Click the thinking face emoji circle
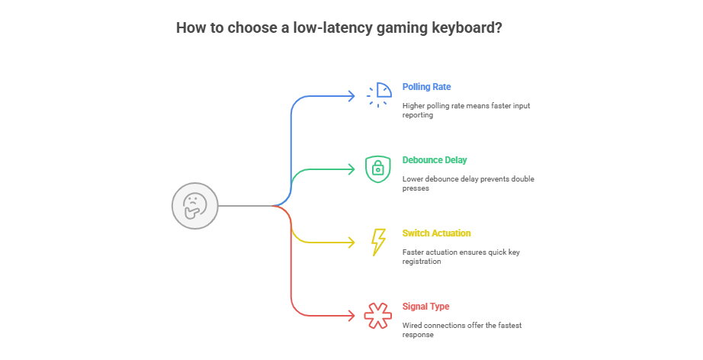[x=195, y=206]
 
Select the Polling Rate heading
[x=426, y=87]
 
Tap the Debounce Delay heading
[x=435, y=160]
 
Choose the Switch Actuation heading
[x=436, y=233]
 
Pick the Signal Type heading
[x=425, y=307]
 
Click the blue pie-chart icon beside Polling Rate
[x=378, y=95]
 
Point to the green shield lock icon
[x=378, y=169]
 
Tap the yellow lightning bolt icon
[x=378, y=242]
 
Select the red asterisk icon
[x=378, y=315]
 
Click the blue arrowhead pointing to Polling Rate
[x=351, y=95]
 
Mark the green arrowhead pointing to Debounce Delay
[x=351, y=169]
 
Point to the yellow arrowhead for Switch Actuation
[x=351, y=242]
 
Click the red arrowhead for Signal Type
[x=351, y=315]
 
